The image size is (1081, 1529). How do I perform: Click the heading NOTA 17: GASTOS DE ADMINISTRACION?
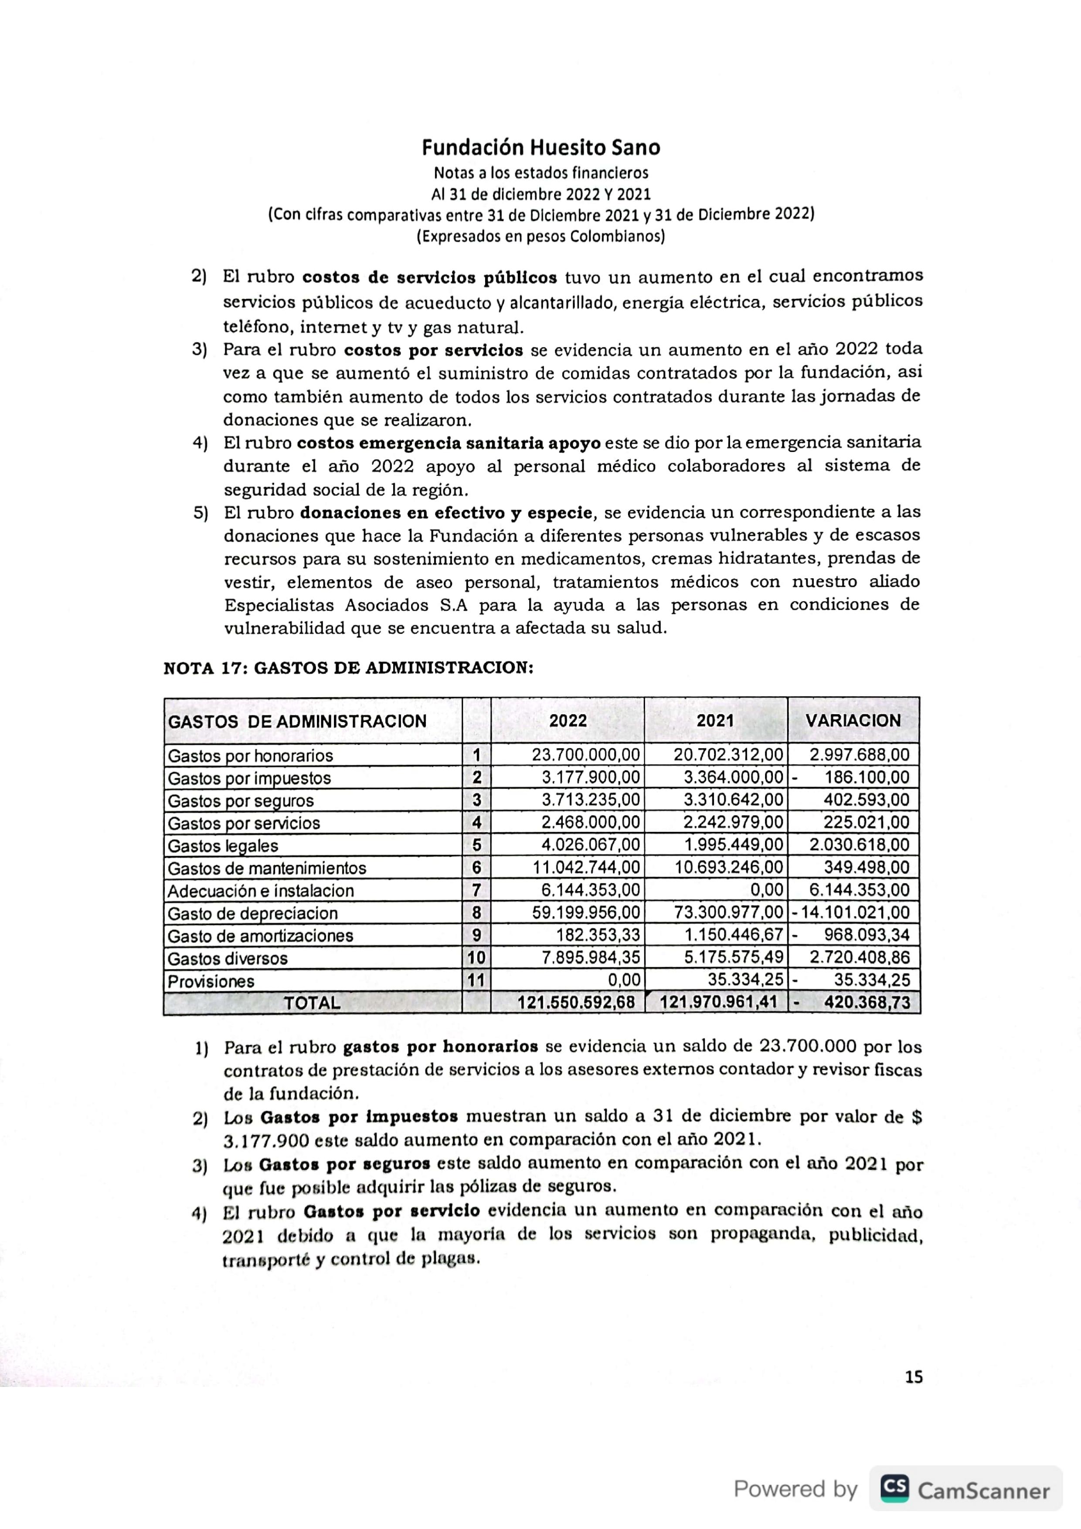(348, 668)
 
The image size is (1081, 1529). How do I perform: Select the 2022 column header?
(568, 721)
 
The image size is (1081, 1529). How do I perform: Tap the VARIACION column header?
(853, 721)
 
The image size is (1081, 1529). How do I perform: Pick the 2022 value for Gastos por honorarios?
(585, 755)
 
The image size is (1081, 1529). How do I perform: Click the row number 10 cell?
(476, 958)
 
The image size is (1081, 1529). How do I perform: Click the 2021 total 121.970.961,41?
(719, 1003)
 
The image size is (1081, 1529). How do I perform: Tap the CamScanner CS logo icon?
(894, 1487)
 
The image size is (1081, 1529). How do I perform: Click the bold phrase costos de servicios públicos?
(430, 277)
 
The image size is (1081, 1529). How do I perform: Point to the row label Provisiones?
(211, 981)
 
